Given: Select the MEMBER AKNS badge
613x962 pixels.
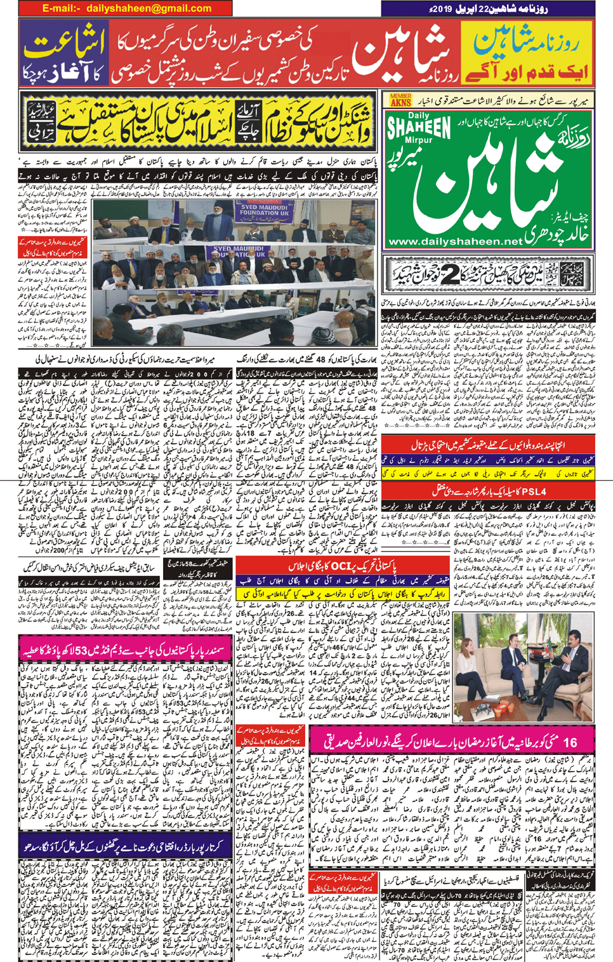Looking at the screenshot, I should click(x=400, y=100).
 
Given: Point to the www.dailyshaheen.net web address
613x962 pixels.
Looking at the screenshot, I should click(x=454, y=242).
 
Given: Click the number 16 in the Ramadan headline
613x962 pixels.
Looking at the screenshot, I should click(x=569, y=742).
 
